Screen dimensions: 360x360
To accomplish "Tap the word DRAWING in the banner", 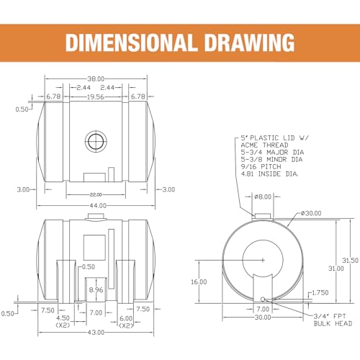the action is (250, 42).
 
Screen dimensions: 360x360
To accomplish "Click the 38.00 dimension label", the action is (96, 78).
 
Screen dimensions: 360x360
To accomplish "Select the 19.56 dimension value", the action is (96, 96).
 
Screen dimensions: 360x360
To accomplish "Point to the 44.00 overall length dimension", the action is (98, 206).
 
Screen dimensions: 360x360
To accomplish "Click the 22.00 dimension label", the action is (96, 194).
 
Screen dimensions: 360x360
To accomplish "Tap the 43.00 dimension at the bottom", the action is (96, 333).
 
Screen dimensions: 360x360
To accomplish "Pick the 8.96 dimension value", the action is (96, 290).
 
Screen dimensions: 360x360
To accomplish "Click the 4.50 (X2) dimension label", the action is (63, 322).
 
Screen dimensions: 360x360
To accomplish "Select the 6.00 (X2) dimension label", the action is (126, 322).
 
